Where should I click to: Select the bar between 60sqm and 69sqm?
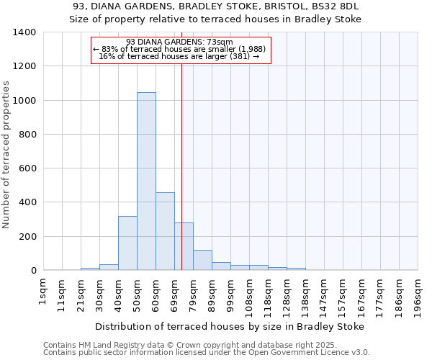(165, 231)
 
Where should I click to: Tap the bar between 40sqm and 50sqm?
(127, 243)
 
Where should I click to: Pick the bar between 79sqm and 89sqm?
(202, 260)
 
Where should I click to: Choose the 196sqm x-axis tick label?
(418, 294)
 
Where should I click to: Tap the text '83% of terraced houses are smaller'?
(180, 49)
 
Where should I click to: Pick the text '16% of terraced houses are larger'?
(179, 56)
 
